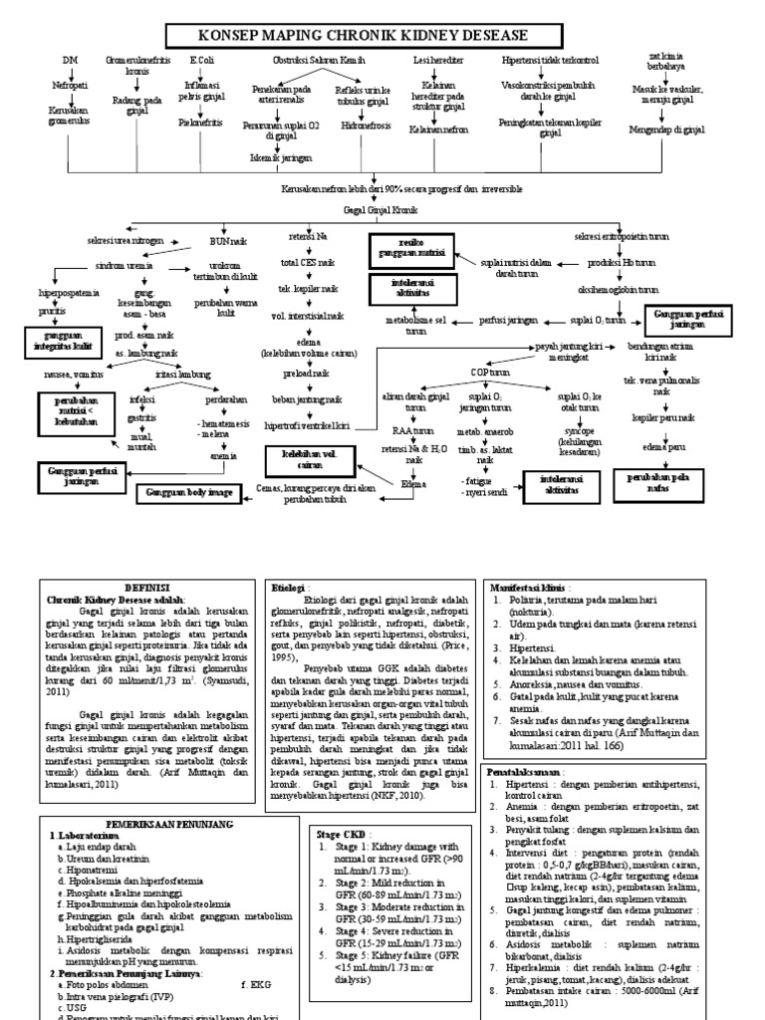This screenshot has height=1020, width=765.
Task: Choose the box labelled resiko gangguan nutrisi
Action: coord(410,248)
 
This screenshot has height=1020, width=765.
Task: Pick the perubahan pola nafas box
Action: coord(655,482)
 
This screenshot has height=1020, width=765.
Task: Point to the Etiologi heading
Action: coord(290,588)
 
